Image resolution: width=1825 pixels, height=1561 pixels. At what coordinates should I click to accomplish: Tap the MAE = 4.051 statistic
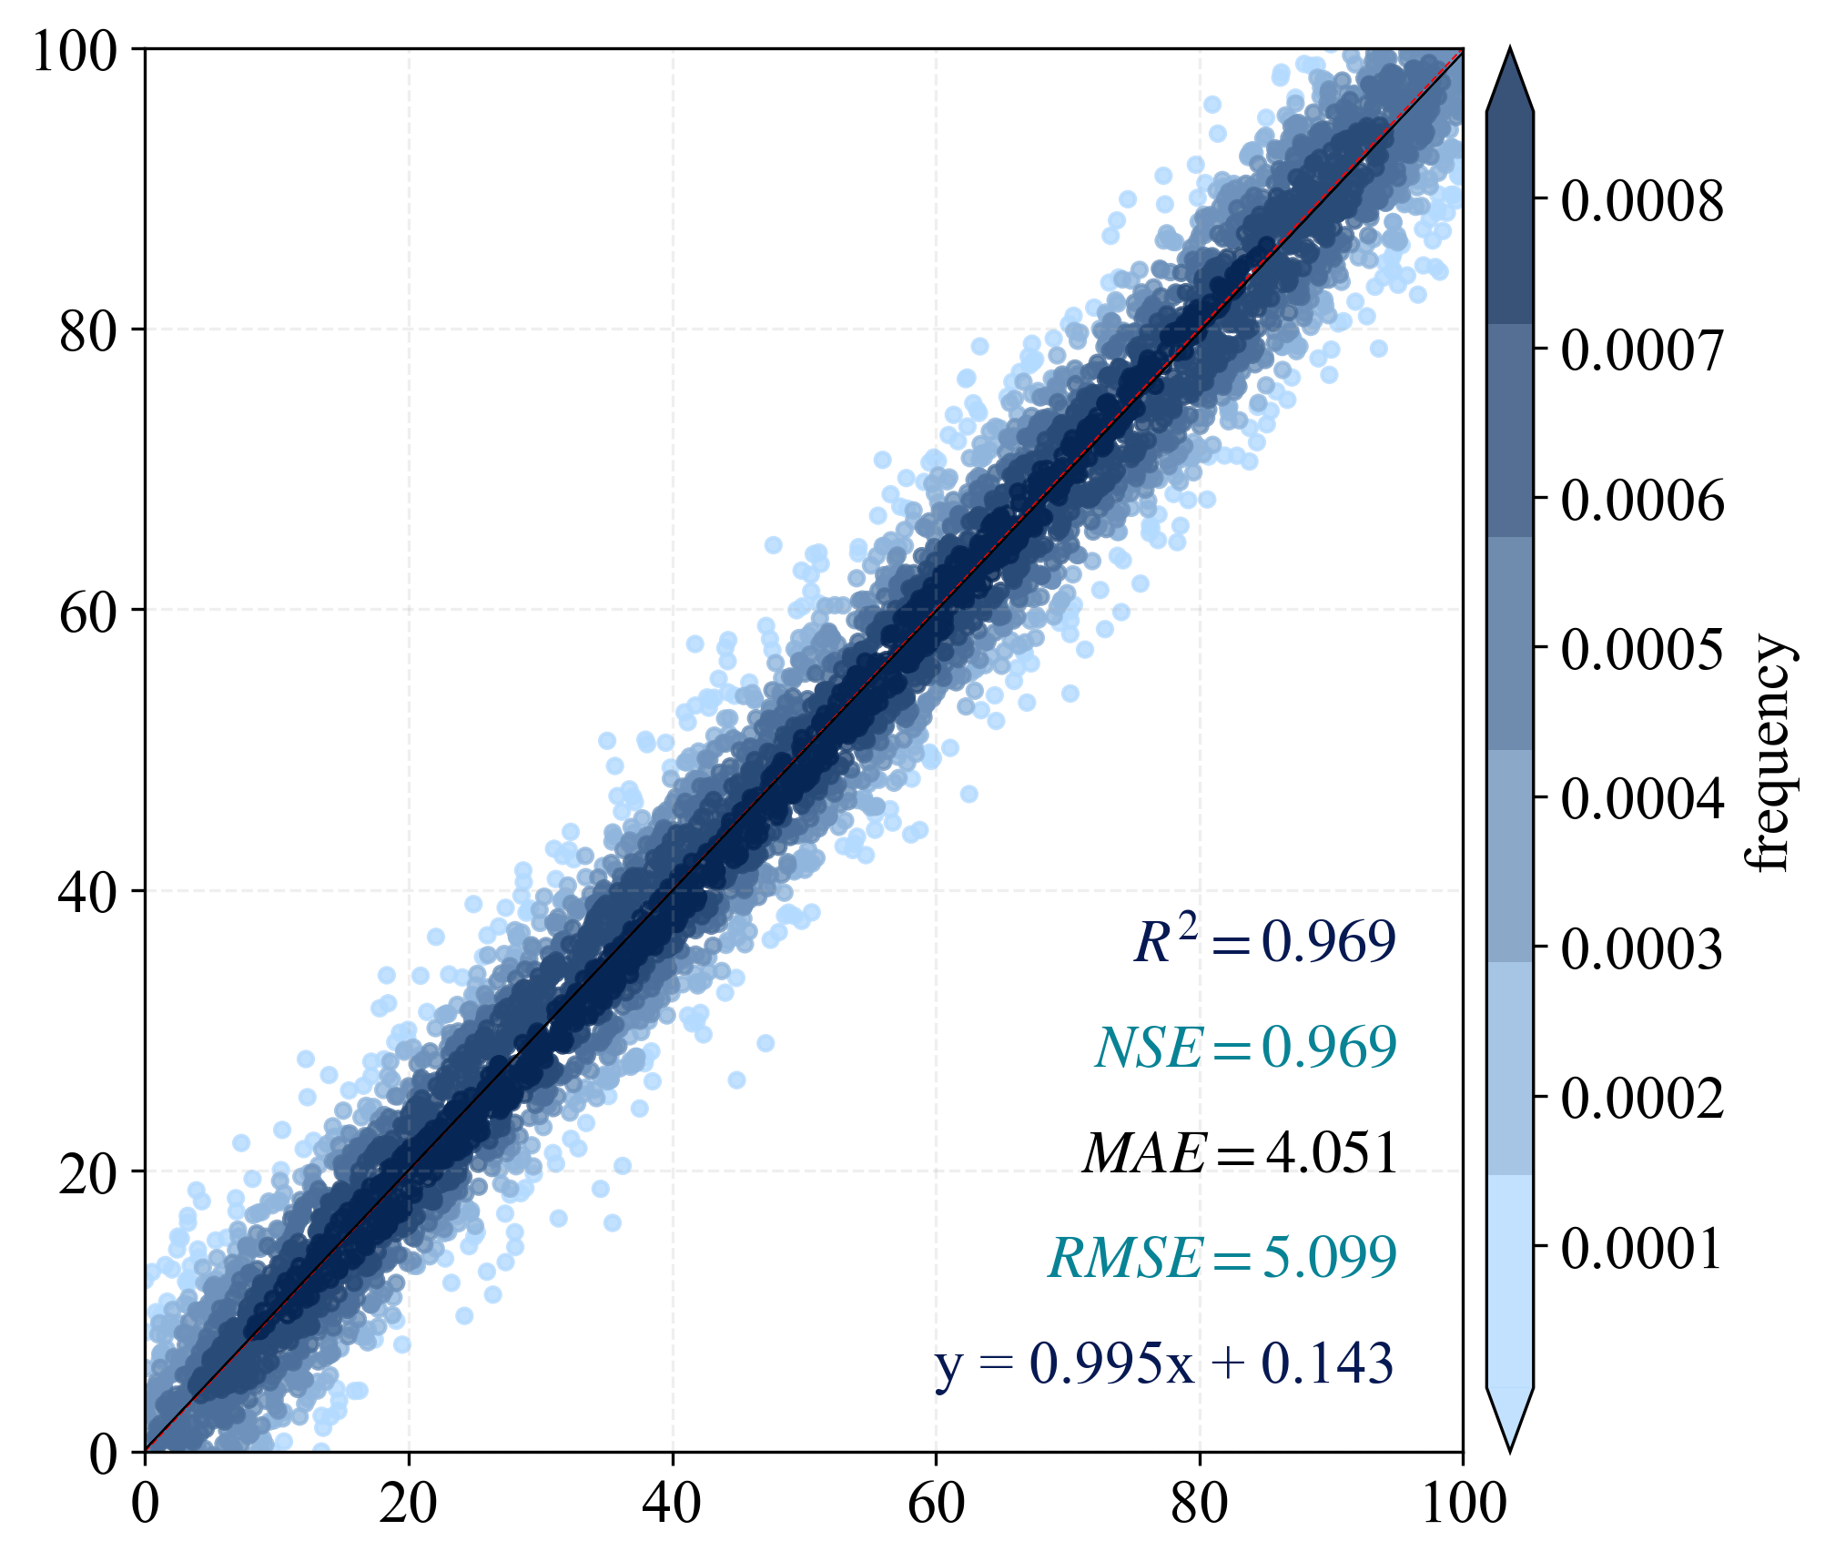click(1240, 1152)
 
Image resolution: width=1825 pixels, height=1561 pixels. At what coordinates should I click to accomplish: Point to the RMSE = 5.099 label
click(1222, 1258)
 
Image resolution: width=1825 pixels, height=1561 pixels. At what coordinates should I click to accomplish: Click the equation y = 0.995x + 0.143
click(1164, 1363)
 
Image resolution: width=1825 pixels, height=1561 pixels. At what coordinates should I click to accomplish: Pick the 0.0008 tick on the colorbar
click(1642, 200)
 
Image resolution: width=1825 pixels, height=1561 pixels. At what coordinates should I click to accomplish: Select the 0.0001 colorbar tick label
click(1642, 1247)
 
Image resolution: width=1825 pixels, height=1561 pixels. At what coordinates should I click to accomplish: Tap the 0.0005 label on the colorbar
click(1642, 649)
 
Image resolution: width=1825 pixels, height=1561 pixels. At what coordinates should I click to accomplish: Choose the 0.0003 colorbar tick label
click(1642, 948)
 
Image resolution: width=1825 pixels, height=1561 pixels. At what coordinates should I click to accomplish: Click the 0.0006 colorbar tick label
click(1642, 500)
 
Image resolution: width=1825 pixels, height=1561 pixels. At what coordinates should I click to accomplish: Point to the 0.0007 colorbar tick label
click(1642, 350)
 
